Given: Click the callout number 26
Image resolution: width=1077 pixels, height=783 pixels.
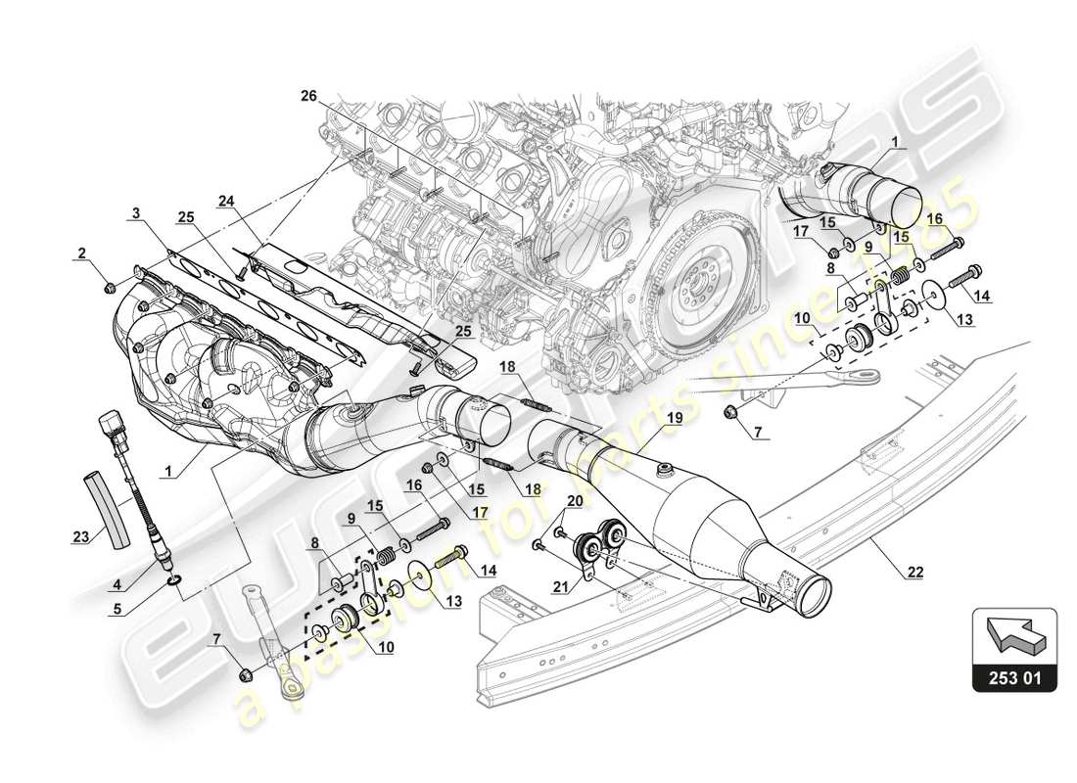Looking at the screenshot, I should (x=308, y=95).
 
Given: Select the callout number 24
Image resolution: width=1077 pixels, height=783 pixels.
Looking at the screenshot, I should (x=227, y=203).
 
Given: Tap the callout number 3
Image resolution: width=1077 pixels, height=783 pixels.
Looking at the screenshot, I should (x=137, y=212).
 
